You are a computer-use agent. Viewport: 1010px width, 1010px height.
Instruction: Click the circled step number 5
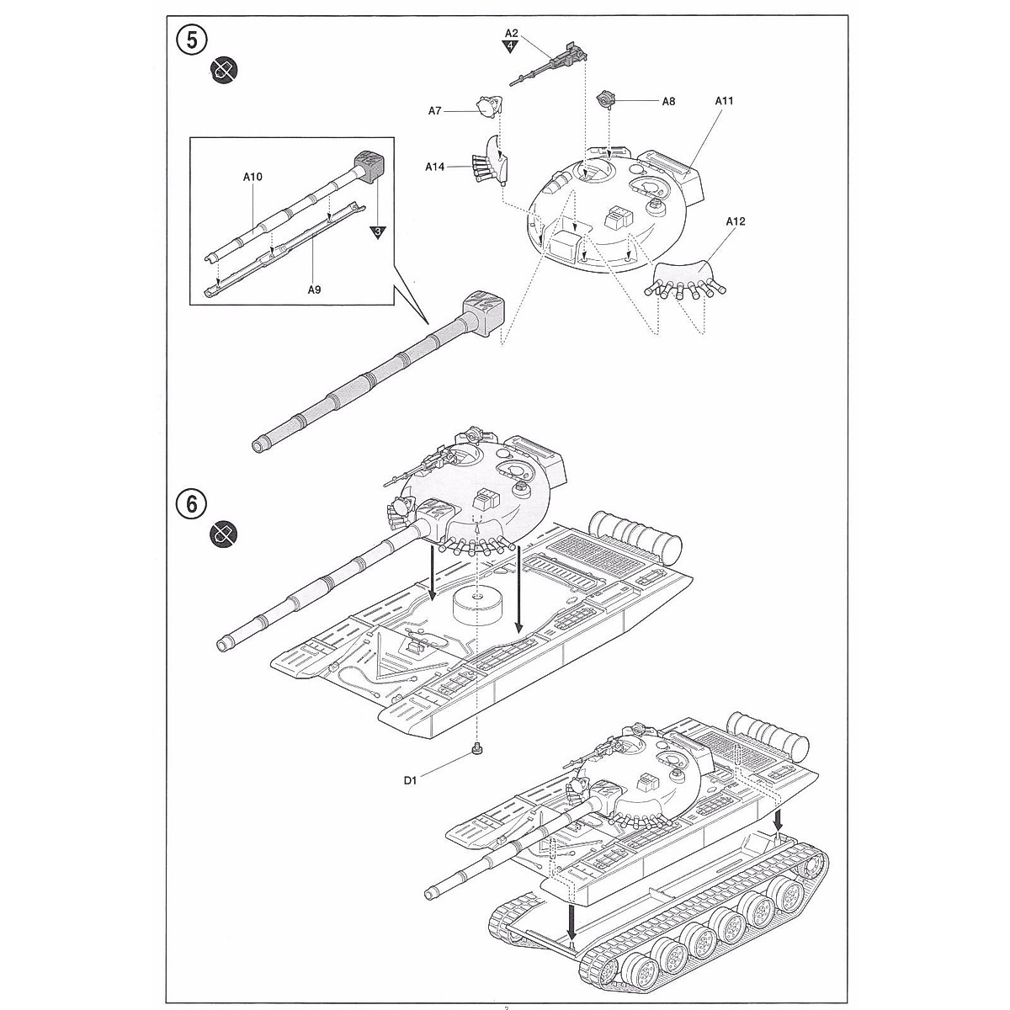click(191, 40)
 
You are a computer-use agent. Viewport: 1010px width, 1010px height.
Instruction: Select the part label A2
click(511, 34)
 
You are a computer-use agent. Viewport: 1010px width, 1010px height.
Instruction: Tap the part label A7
click(435, 110)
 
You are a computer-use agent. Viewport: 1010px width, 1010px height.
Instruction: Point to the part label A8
click(668, 101)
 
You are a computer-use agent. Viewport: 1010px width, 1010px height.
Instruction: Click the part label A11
click(724, 101)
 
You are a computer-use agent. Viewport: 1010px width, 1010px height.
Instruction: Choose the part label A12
click(735, 221)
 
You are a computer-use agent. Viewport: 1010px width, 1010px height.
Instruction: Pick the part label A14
click(434, 167)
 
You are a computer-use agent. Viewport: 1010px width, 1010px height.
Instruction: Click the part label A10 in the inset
click(252, 177)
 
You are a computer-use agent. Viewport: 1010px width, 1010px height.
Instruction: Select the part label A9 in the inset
click(314, 289)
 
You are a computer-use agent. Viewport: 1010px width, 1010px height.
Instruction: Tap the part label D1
click(410, 781)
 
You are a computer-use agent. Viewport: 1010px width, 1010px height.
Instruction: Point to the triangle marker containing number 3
click(378, 231)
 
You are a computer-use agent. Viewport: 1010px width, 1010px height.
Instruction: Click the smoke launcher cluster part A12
click(682, 279)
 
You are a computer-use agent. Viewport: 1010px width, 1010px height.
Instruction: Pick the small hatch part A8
click(606, 99)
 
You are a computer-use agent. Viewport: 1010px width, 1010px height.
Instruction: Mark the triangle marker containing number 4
click(511, 46)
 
